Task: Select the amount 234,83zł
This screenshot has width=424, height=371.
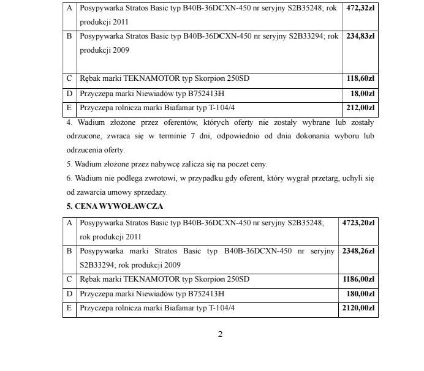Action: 360,36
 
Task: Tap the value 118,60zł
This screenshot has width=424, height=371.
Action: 360,79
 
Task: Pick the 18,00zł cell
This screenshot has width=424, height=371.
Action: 363,94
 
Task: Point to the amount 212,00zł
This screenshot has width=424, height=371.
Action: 360,108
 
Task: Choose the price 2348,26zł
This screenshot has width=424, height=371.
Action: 358,251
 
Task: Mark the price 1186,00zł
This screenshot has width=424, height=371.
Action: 358,279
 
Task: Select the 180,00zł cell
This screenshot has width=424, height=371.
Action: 362,294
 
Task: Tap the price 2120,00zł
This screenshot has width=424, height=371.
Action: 358,308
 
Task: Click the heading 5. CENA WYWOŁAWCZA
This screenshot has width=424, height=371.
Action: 115,206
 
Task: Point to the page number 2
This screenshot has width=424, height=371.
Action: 221,334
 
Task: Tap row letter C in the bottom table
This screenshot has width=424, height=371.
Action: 69,279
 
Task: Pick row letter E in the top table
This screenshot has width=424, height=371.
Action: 69,108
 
